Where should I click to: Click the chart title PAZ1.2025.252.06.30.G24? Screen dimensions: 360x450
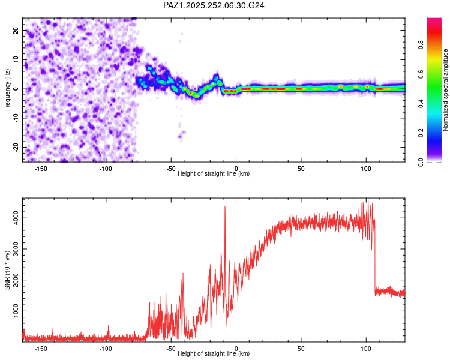[x=214, y=5]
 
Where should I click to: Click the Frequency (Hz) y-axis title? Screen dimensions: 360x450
[x=8, y=90]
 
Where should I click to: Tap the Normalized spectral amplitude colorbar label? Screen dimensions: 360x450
[x=446, y=90]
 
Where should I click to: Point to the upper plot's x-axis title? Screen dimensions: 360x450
[x=214, y=174]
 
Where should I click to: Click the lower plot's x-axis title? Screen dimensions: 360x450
[x=214, y=354]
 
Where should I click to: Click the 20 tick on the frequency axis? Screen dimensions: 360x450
[x=16, y=30]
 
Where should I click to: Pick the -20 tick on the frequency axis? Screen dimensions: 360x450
[x=15, y=147]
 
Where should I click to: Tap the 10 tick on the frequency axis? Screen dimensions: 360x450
[x=16, y=59]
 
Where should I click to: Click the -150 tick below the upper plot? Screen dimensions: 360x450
[x=41, y=168]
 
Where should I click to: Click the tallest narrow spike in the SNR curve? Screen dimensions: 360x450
[x=225, y=207]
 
